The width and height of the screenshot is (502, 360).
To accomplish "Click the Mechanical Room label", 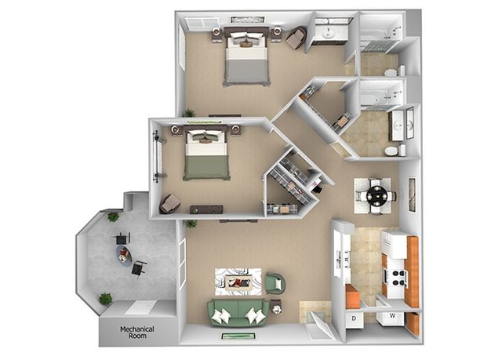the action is (137, 333).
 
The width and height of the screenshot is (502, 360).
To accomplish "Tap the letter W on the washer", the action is (392, 316).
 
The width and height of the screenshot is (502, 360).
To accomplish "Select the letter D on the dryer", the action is (354, 318).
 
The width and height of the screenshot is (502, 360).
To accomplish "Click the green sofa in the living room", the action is (238, 312).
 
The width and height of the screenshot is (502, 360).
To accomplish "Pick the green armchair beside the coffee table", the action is (275, 283).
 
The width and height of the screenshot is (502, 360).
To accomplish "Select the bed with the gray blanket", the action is (246, 56).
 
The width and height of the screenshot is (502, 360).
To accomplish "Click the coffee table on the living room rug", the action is (238, 282).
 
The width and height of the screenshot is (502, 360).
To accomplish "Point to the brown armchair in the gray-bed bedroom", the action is (296, 38).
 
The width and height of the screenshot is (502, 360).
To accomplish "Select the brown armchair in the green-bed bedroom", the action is (169, 203).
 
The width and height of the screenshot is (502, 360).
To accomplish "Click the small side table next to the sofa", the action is (276, 307).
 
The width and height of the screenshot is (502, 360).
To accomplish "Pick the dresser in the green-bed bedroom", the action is (206, 209).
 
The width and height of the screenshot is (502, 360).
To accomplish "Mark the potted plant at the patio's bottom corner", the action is (105, 299).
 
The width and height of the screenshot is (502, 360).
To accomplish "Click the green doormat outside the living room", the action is (238, 336).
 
